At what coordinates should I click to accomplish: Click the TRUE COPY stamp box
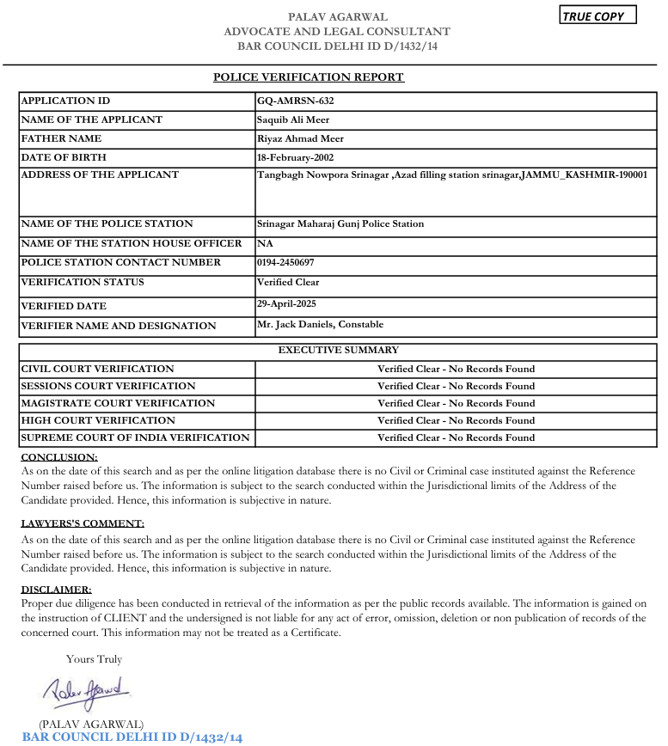pyautogui.click(x=598, y=16)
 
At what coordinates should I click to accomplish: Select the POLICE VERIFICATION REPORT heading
pyautogui.click(x=309, y=77)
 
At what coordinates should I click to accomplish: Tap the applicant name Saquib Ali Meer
pyautogui.click(x=293, y=120)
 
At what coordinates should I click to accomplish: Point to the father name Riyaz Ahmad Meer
pyautogui.click(x=299, y=138)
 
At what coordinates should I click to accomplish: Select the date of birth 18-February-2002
pyautogui.click(x=295, y=157)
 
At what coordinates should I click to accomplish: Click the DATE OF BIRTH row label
pyautogui.click(x=63, y=157)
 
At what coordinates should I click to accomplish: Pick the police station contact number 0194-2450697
pyautogui.click(x=285, y=262)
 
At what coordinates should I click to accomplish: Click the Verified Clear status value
pyautogui.click(x=288, y=282)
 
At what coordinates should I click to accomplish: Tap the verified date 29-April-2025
pyautogui.click(x=286, y=303)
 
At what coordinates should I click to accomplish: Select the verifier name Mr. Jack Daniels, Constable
pyautogui.click(x=320, y=325)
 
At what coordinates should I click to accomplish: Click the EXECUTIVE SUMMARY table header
pyautogui.click(x=338, y=351)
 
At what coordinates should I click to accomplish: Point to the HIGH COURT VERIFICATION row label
pyautogui.click(x=97, y=420)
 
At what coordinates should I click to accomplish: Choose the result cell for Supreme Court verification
pyautogui.click(x=456, y=437)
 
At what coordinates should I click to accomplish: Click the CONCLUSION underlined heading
pyautogui.click(x=59, y=457)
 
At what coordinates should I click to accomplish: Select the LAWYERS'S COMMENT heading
pyautogui.click(x=83, y=523)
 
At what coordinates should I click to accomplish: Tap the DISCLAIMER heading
pyautogui.click(x=56, y=590)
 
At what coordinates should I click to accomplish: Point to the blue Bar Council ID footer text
pyautogui.click(x=132, y=737)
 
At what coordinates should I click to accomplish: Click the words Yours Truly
pyautogui.click(x=94, y=659)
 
